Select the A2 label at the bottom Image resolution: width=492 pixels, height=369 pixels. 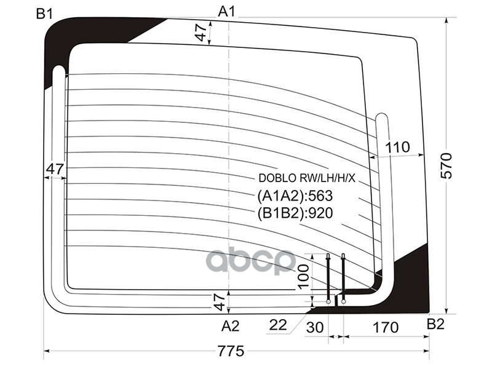230,325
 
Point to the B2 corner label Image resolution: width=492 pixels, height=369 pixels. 435,324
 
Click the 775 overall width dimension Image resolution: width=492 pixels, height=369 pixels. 231,351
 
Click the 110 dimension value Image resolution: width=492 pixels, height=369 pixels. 397,147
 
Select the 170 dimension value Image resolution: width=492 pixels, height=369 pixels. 386,328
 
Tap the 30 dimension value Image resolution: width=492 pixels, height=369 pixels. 314,328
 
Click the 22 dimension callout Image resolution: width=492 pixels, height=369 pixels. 279,325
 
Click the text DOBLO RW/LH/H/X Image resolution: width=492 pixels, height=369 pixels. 307,179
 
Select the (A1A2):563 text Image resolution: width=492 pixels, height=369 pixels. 295,197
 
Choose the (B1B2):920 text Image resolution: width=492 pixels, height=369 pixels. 295,214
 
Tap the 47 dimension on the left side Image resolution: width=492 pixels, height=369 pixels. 55,169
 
